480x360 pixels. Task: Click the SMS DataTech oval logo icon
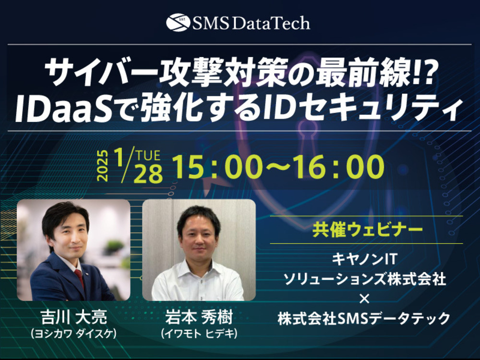[x=178, y=23]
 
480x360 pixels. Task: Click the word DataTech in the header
[x=271, y=23]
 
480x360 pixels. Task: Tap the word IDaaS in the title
[x=64, y=107]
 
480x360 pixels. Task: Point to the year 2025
[x=103, y=166]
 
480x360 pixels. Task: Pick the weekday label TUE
[x=148, y=156]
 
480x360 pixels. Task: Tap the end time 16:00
[x=340, y=167]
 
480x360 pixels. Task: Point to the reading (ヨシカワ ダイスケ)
[x=73, y=333]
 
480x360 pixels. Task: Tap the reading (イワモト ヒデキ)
[x=199, y=333]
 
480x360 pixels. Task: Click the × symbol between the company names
[x=364, y=299]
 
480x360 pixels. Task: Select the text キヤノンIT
[x=364, y=259]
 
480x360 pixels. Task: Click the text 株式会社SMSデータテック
[x=364, y=318]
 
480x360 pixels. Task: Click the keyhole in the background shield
[x=307, y=135]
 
